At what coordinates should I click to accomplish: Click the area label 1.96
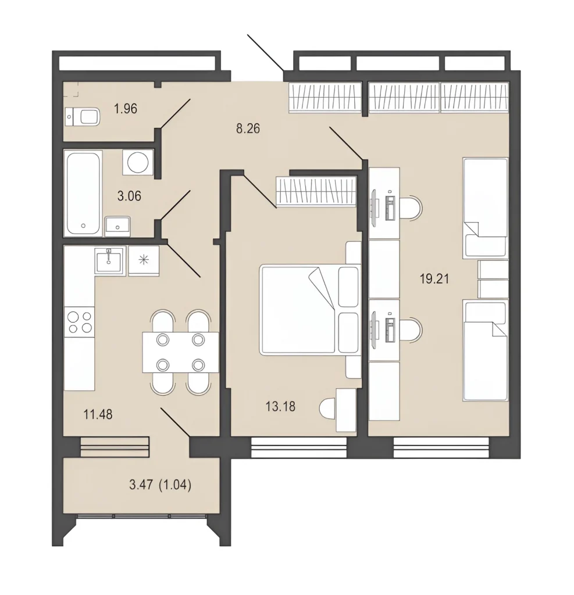[126, 109]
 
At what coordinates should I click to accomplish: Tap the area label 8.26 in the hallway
[248, 128]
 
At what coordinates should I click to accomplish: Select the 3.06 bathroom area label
[129, 196]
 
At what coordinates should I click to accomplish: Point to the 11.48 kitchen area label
[98, 414]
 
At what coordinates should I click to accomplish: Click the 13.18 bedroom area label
[280, 407]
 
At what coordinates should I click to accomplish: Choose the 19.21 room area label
[434, 279]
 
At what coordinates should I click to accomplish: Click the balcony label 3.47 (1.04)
[161, 485]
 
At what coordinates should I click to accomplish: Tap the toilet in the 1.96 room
[83, 117]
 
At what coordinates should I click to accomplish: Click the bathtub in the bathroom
[83, 193]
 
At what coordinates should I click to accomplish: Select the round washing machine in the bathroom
[137, 162]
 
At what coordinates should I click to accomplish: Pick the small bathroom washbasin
[117, 227]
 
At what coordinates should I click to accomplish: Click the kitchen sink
[109, 260]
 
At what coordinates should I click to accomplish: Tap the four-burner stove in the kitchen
[80, 322]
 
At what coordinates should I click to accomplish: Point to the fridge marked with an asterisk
[144, 261]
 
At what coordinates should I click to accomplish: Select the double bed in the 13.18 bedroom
[309, 310]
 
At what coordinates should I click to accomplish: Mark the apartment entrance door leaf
[266, 53]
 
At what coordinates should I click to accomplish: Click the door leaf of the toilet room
[174, 113]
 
